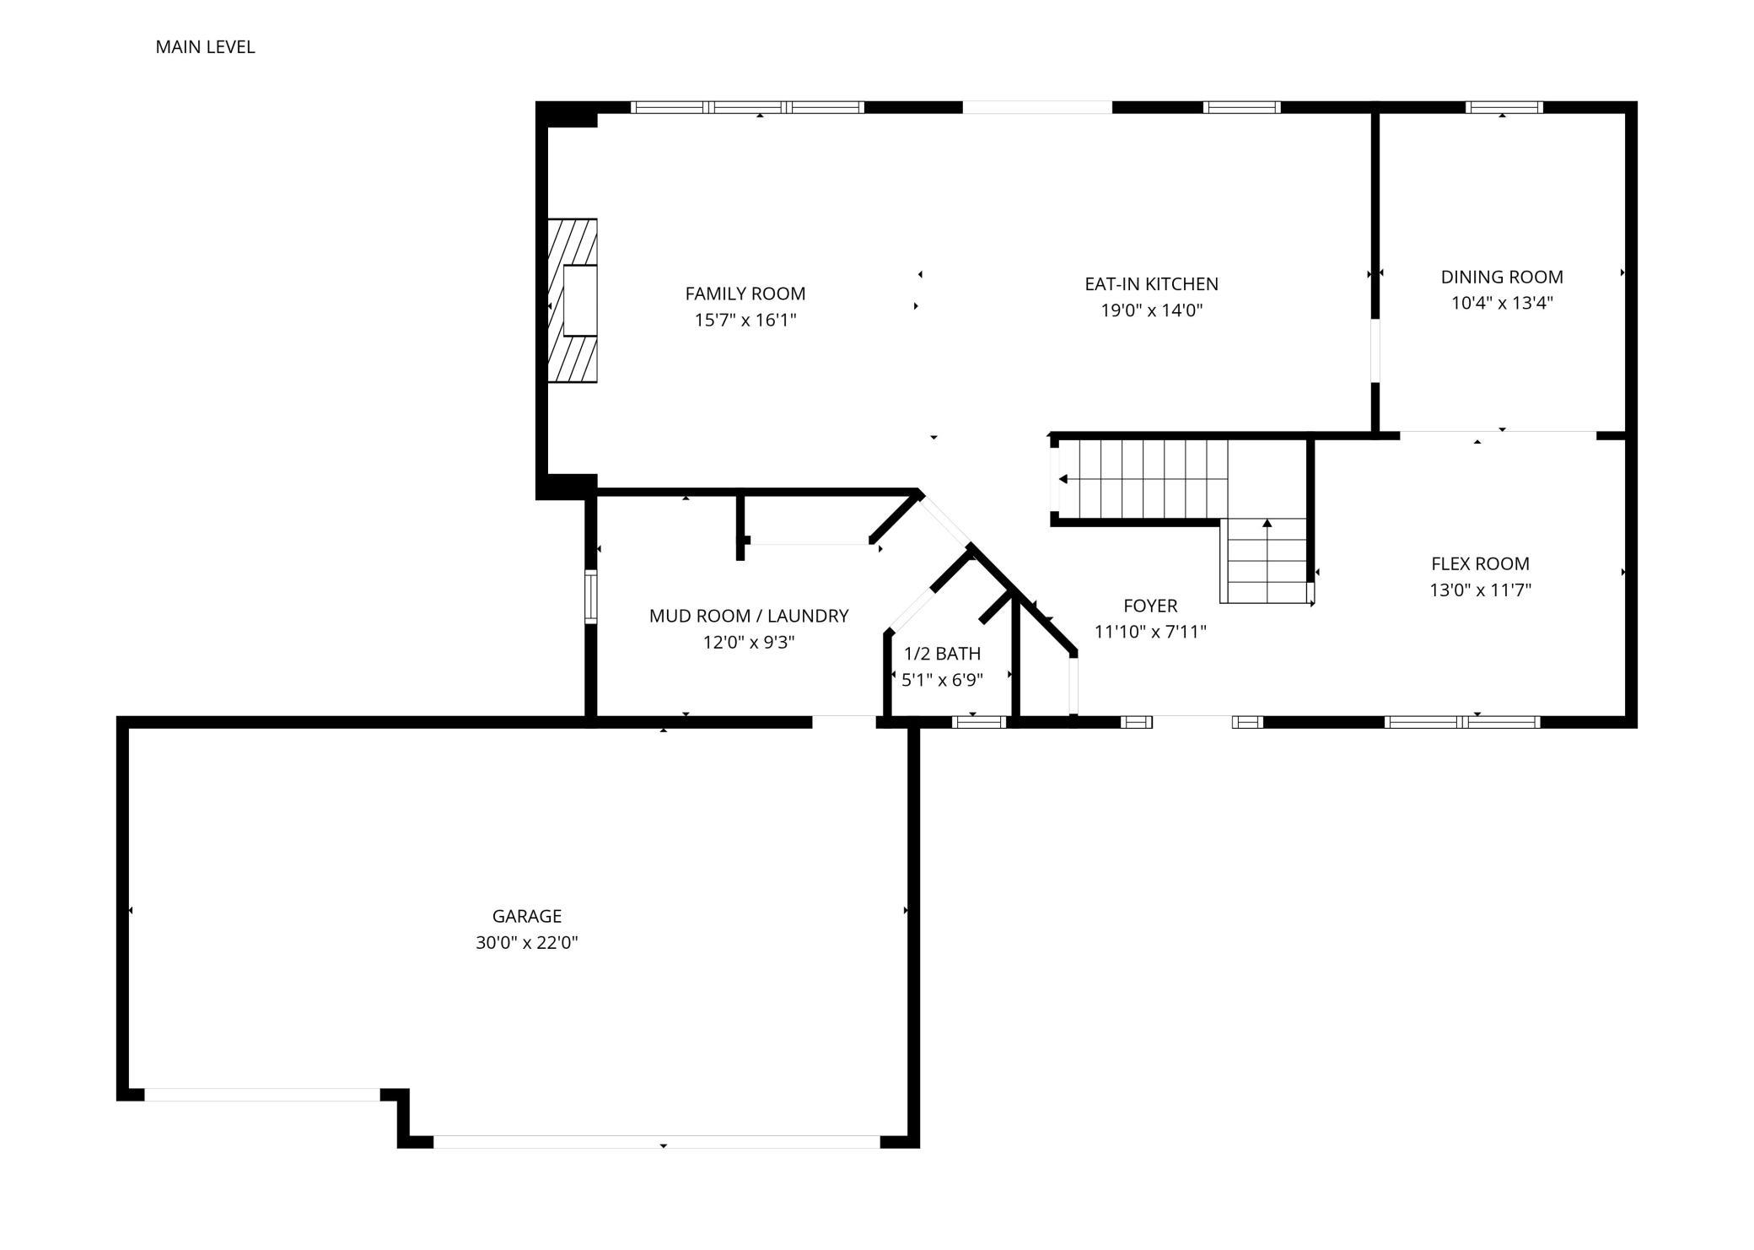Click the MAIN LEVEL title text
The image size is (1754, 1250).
tap(205, 47)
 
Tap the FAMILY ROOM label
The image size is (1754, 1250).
tap(745, 294)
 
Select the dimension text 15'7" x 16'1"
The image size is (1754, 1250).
tap(745, 320)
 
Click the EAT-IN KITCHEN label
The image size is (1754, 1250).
tap(1151, 284)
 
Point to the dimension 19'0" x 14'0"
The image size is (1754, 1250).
tap(1151, 310)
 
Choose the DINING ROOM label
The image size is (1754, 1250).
tap(1501, 277)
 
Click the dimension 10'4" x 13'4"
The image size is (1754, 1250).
tap(1501, 303)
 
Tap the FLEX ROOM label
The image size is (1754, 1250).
tap(1480, 563)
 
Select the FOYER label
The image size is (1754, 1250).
tap(1150, 606)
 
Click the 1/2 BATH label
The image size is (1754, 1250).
tap(942, 654)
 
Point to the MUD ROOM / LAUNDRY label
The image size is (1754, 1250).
tap(748, 616)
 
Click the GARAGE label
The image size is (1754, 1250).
tap(526, 916)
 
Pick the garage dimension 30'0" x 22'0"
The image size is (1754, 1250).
tap(526, 942)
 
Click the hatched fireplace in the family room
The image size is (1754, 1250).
tap(573, 300)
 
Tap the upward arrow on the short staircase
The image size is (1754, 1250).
tap(1267, 524)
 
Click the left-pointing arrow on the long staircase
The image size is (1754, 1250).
tap(1063, 479)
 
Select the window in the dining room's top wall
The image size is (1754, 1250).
tap(1504, 107)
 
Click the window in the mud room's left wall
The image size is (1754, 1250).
tap(590, 596)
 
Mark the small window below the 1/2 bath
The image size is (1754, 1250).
tap(978, 721)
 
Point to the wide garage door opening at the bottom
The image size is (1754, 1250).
tap(656, 1141)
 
